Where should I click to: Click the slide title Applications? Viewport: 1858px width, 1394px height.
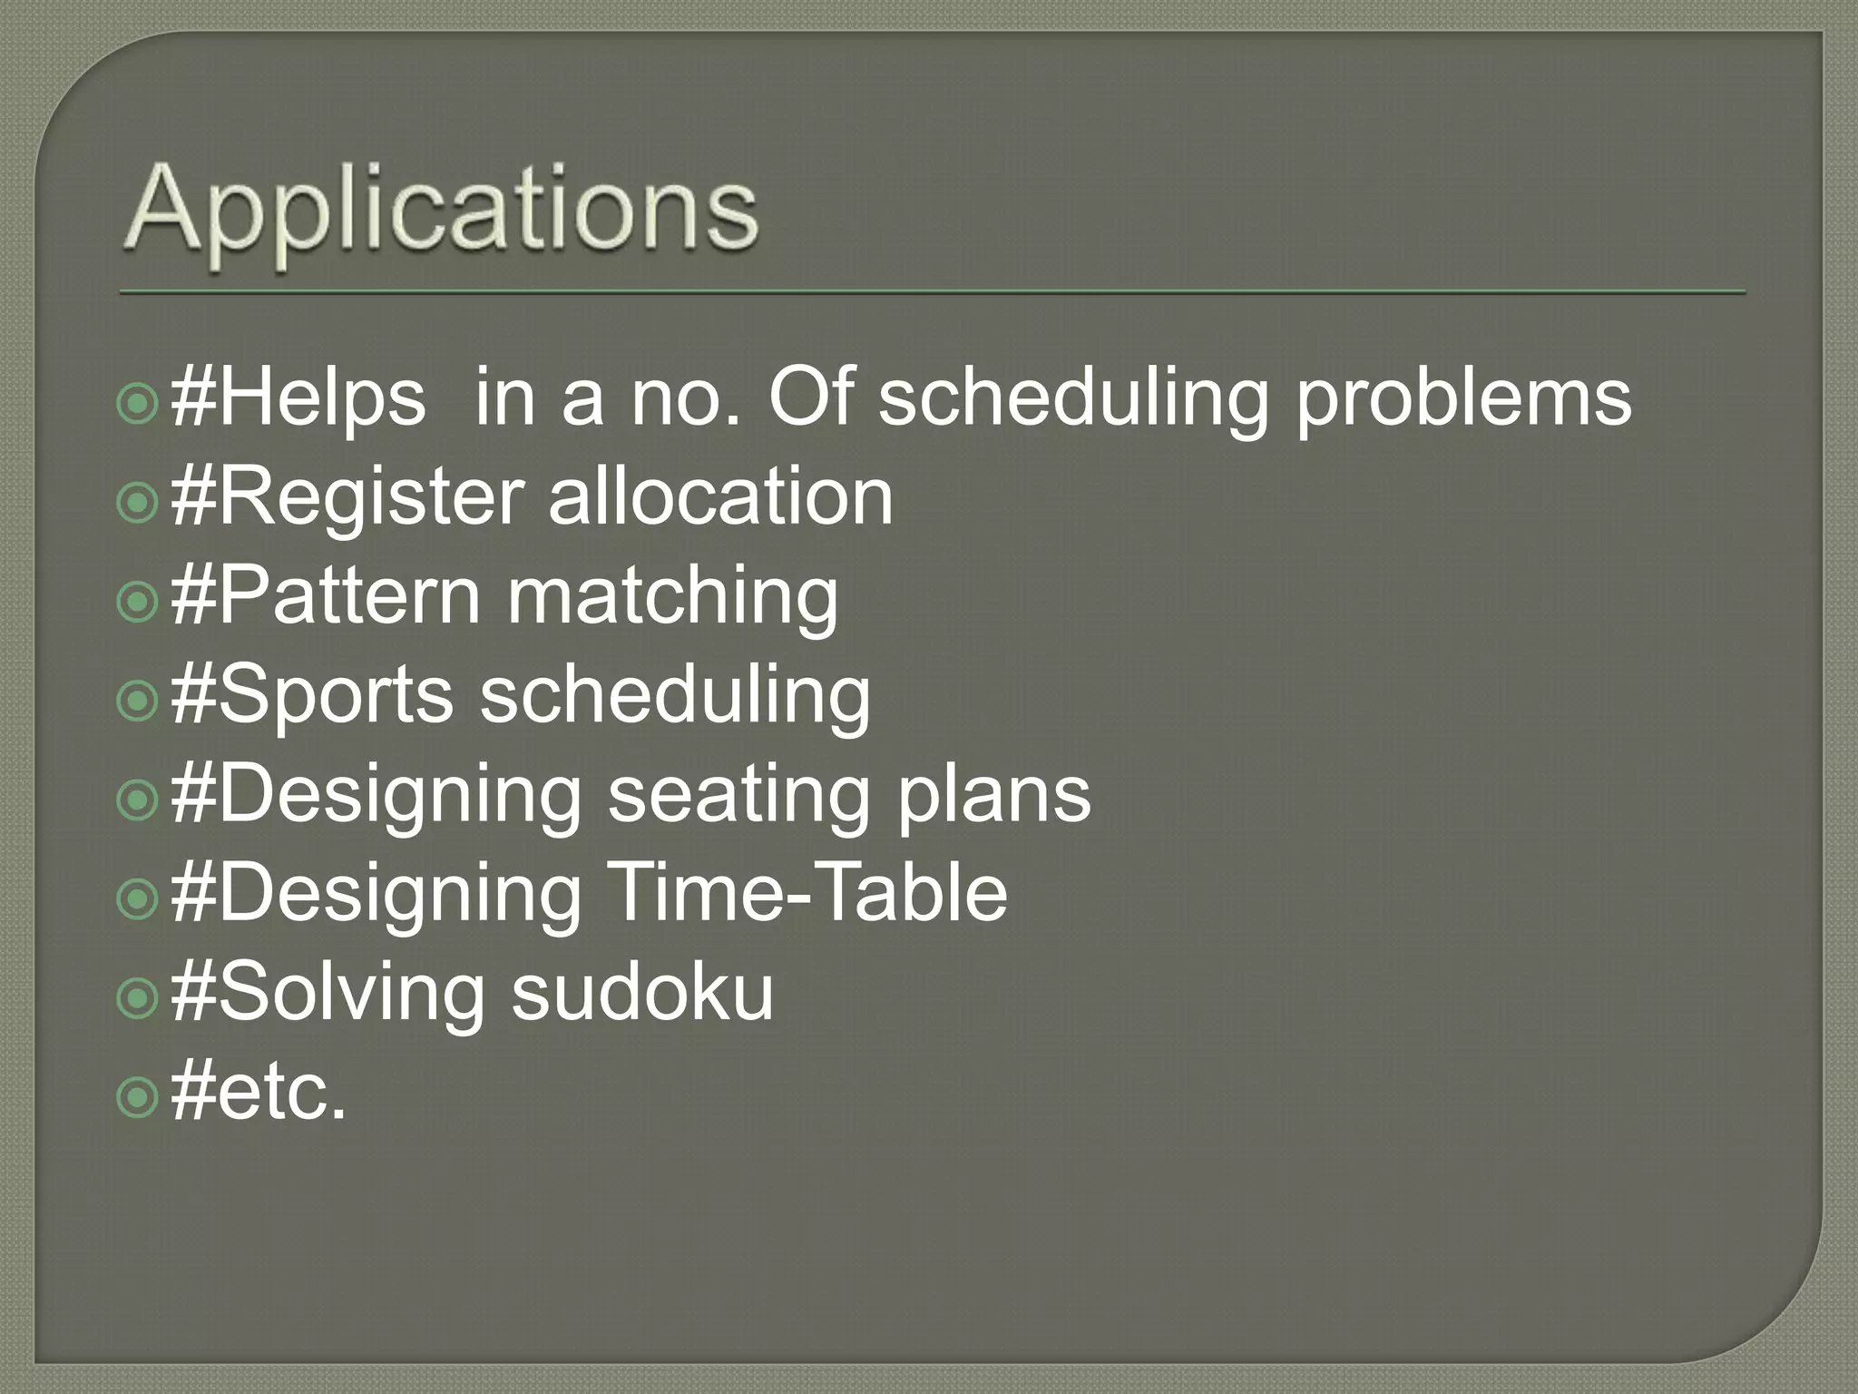(x=442, y=213)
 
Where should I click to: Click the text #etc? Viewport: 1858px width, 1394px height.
(x=259, y=1092)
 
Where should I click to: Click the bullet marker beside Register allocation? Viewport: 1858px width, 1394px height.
(x=138, y=502)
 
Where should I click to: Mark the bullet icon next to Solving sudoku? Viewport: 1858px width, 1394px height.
(x=138, y=997)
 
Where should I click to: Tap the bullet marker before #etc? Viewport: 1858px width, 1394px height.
(x=138, y=1097)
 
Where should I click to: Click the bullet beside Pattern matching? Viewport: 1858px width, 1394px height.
(x=138, y=601)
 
